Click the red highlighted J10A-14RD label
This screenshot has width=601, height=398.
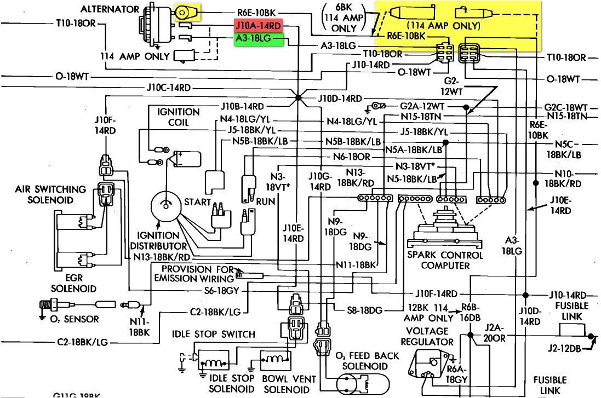(258, 26)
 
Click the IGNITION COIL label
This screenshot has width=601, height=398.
(178, 117)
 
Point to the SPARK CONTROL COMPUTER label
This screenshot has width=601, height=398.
(445, 260)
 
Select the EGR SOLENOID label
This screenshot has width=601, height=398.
(73, 283)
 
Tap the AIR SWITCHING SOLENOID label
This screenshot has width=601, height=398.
(51, 194)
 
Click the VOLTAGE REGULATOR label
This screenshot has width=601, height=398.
(430, 336)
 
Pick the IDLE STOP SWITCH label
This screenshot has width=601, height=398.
(213, 334)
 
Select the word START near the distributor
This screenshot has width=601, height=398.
(197, 202)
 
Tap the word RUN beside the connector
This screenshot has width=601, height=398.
(266, 202)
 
